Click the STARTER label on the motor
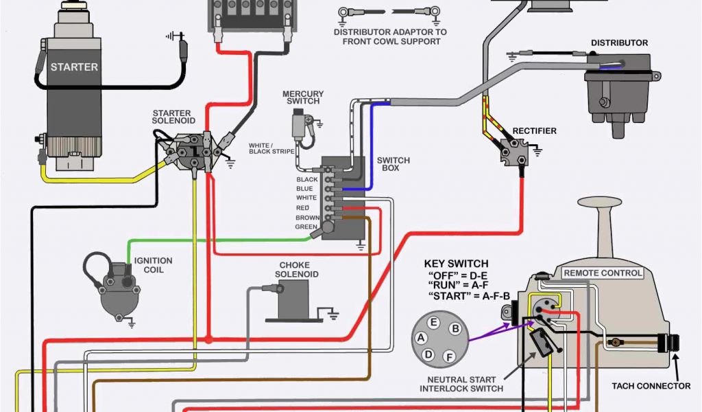coord(74,67)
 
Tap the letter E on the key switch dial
coord(433,322)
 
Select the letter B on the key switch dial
coord(454,329)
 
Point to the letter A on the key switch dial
coord(421,338)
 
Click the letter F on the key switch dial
coord(449,356)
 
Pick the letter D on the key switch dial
coord(428,354)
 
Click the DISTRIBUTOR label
coord(619,43)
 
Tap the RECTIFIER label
coord(535,131)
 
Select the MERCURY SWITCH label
coord(302,98)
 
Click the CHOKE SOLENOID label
coord(294,269)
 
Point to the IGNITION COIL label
coord(153,265)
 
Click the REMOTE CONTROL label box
coord(603,273)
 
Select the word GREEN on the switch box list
coord(305,227)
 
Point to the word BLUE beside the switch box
coord(305,189)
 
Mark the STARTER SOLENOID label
coord(173,117)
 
